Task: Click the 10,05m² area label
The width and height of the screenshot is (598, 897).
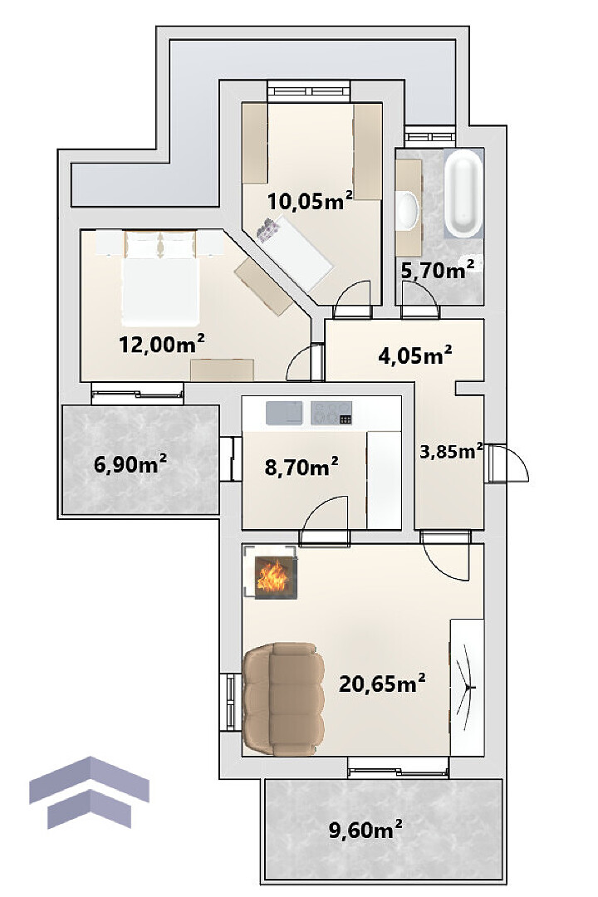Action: pyautogui.click(x=310, y=201)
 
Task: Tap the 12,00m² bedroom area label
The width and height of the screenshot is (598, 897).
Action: pyautogui.click(x=161, y=344)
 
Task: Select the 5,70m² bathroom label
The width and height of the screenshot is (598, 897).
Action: pyautogui.click(x=438, y=269)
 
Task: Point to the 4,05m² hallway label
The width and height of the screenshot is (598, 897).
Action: pyautogui.click(x=415, y=355)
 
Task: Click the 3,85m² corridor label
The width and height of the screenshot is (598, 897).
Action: pyautogui.click(x=451, y=451)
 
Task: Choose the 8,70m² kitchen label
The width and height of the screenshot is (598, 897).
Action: pyautogui.click(x=301, y=467)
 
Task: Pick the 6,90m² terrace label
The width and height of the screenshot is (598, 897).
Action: pyautogui.click(x=130, y=464)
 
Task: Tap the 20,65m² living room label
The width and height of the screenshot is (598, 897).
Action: pyautogui.click(x=382, y=683)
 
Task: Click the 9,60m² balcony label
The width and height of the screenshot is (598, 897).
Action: pyautogui.click(x=365, y=829)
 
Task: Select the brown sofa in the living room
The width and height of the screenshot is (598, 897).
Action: pyautogui.click(x=284, y=698)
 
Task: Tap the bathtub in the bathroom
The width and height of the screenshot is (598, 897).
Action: pyautogui.click(x=463, y=194)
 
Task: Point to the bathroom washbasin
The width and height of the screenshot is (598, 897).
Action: pyautogui.click(x=408, y=210)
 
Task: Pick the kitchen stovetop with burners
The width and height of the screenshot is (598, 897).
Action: pyautogui.click(x=331, y=413)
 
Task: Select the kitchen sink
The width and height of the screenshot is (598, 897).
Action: pyautogui.click(x=284, y=413)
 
